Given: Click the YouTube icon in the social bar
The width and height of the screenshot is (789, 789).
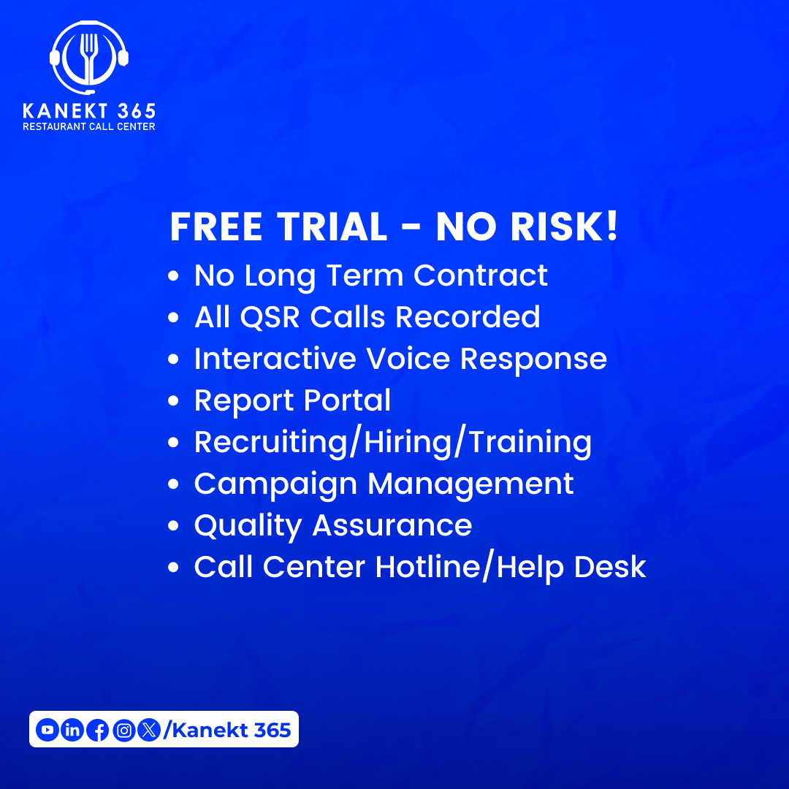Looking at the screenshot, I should coord(47,729).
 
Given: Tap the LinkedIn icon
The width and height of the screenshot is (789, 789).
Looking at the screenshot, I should coord(72,729).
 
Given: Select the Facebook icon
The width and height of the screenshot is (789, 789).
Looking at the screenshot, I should coord(97,730).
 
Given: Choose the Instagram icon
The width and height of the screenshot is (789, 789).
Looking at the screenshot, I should coord(124,729).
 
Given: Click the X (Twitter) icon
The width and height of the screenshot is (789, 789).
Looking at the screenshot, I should coord(149,729).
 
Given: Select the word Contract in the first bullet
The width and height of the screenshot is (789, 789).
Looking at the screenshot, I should coord(481,275).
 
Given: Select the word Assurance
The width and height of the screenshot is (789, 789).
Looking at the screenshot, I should coord(392,526).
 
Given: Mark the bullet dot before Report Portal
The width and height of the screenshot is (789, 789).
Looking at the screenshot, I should coord(174,402).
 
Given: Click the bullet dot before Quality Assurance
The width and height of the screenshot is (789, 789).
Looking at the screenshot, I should coord(174,527).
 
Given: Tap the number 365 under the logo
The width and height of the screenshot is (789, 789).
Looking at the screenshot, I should coord(135,111).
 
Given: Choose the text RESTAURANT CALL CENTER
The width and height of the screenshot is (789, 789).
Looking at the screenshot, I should coord(89,126).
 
